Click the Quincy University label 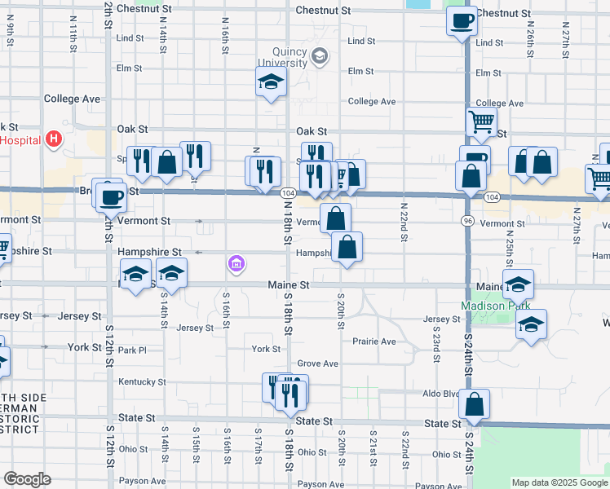click(x=283, y=57)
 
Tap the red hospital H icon click(x=54, y=139)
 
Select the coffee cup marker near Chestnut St click(x=462, y=20)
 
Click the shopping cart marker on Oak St click(x=481, y=123)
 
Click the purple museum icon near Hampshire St click(x=236, y=263)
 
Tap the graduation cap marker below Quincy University click(x=271, y=81)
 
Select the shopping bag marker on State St click(x=475, y=403)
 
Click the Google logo click(x=26, y=479)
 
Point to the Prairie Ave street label click(x=374, y=341)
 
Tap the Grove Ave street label click(x=317, y=363)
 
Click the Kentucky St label click(x=142, y=381)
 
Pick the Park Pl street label click(x=131, y=350)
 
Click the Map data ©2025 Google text click(x=559, y=482)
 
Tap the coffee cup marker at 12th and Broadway click(x=111, y=196)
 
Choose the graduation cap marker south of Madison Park click(x=531, y=324)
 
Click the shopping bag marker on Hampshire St click(x=347, y=247)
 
